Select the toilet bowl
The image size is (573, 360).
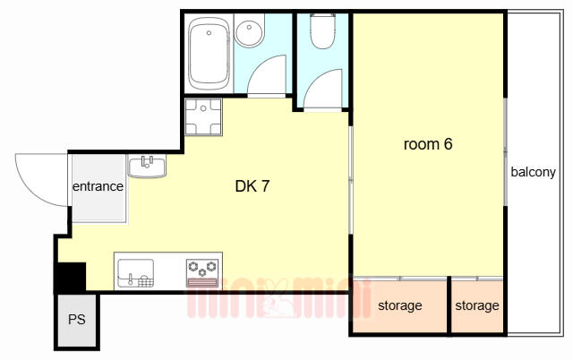click(x=322, y=31)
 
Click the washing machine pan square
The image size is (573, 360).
click(x=203, y=116)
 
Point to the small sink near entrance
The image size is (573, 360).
click(x=147, y=167)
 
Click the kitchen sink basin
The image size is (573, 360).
click(x=135, y=272)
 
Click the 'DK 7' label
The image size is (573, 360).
click(x=252, y=186)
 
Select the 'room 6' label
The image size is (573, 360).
click(x=428, y=144)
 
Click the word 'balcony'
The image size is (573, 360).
click(x=533, y=172)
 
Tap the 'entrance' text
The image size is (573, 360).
click(x=98, y=186)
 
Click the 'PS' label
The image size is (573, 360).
click(x=77, y=320)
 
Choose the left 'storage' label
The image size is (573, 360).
click(x=400, y=305)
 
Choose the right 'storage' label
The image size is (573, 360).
click(x=477, y=305)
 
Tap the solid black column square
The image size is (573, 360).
click(x=72, y=277)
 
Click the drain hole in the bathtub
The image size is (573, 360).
click(x=209, y=33)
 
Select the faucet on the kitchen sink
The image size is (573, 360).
click(x=131, y=279)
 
